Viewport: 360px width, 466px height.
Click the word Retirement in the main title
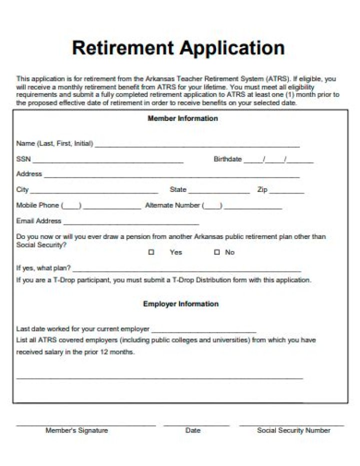coord(123,48)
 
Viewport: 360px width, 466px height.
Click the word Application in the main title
coord(232,48)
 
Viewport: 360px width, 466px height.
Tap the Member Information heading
coord(182,118)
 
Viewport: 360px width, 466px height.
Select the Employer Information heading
coord(180,303)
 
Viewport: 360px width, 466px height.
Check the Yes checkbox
coord(151,252)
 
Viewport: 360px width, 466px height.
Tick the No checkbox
coord(216,252)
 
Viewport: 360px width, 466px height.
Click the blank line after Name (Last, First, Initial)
coord(197,146)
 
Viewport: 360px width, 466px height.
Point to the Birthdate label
coord(227,159)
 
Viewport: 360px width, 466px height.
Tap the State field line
coord(219,192)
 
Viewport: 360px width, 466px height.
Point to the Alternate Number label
coord(172,205)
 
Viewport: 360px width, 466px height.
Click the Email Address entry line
coord(131,223)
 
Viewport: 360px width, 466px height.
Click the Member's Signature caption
coord(76,430)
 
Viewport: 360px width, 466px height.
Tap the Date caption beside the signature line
coord(193,430)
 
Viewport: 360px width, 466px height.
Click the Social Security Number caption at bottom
coord(293,430)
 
